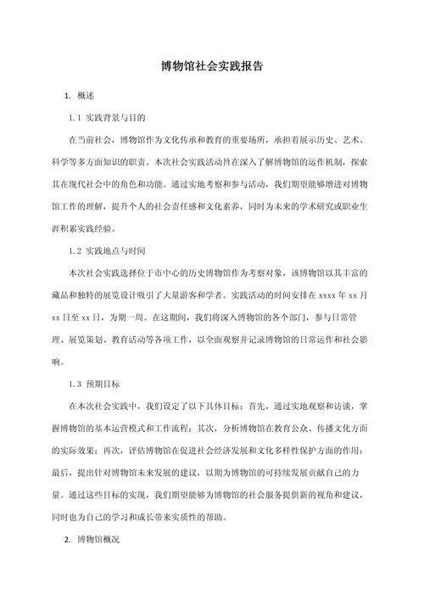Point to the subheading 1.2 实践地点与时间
coord(111,251)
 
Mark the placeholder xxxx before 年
coord(325,294)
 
